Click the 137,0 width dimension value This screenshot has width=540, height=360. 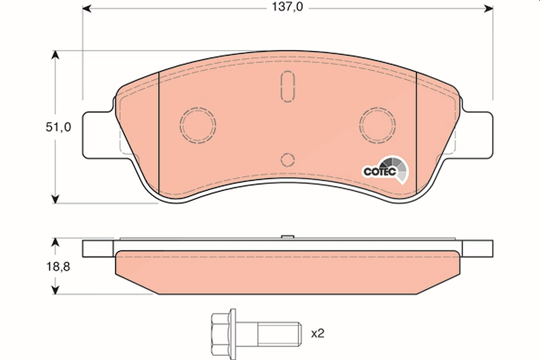[288, 7]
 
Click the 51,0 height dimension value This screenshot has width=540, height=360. [58, 127]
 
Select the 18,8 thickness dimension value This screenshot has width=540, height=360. [58, 267]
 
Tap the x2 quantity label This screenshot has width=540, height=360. [318, 334]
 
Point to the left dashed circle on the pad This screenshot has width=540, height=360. [198, 126]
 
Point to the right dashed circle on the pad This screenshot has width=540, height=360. [377, 126]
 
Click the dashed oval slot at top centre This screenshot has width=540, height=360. [288, 86]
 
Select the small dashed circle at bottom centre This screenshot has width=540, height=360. [288, 160]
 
